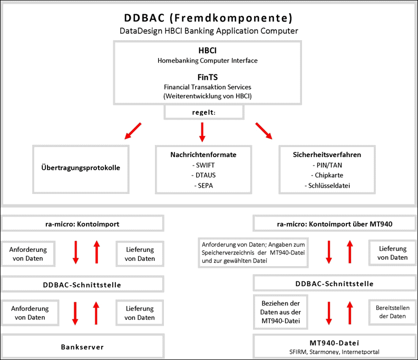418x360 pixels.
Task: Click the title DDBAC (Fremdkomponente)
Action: click(208, 18)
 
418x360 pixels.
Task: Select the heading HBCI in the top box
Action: click(207, 51)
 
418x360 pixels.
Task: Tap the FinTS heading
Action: click(207, 77)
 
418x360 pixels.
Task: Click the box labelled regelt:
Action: click(204, 112)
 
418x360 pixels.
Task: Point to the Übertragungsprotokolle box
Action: click(81, 169)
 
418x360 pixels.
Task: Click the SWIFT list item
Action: click(203, 166)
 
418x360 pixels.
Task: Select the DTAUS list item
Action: click(203, 175)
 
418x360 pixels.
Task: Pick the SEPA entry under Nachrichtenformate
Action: click(203, 186)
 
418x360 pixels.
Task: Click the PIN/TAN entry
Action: click(327, 166)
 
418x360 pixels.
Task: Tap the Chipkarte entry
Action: click(327, 175)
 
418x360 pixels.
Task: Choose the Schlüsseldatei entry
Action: click(327, 186)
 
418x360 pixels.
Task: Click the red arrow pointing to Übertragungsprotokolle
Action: click(133, 131)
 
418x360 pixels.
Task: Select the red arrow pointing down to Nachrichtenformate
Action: click(202, 132)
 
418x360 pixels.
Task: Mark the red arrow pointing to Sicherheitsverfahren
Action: click(264, 131)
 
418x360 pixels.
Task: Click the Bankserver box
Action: click(83, 346)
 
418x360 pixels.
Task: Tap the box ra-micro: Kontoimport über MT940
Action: click(335, 223)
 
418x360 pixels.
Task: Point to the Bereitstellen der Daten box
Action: click(393, 312)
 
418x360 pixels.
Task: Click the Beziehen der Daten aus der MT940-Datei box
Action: click(281, 312)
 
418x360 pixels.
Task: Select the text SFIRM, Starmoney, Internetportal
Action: click(334, 352)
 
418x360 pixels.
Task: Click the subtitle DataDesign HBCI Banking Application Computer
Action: click(209, 31)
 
